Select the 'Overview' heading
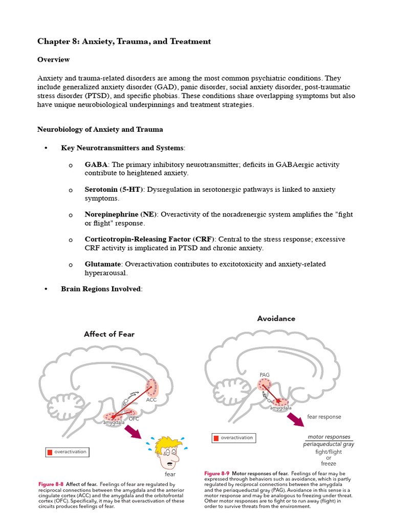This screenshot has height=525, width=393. click(53, 59)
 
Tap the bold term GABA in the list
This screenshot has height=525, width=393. click(96, 165)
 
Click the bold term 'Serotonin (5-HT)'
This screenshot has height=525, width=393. click(115, 189)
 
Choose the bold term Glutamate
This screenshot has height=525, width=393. click(103, 264)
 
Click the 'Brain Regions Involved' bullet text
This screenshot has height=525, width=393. click(100, 289)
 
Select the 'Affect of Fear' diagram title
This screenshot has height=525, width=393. click(109, 334)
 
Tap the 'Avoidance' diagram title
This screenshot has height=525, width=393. click(276, 318)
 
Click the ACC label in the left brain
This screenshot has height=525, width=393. click(151, 399)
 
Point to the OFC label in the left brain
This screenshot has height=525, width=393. click(134, 419)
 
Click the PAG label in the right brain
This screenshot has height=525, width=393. click(264, 375)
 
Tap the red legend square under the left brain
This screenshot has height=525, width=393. click(50, 452)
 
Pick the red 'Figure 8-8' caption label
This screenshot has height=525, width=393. click(51, 484)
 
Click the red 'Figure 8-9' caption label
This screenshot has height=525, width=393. click(216, 473)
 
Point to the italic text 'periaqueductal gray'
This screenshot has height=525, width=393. click(329, 445)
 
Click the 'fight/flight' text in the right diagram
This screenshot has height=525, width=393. click(329, 452)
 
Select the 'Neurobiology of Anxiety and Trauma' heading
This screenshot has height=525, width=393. click(100, 129)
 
